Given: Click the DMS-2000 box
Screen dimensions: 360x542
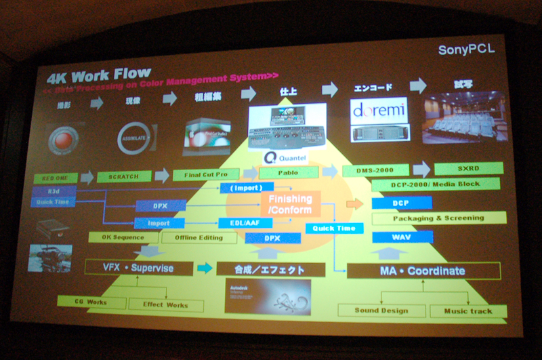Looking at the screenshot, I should [x=375, y=170].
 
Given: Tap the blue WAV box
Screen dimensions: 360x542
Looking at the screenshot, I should [x=402, y=237].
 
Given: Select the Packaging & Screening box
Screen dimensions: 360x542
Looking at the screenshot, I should [x=439, y=218].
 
